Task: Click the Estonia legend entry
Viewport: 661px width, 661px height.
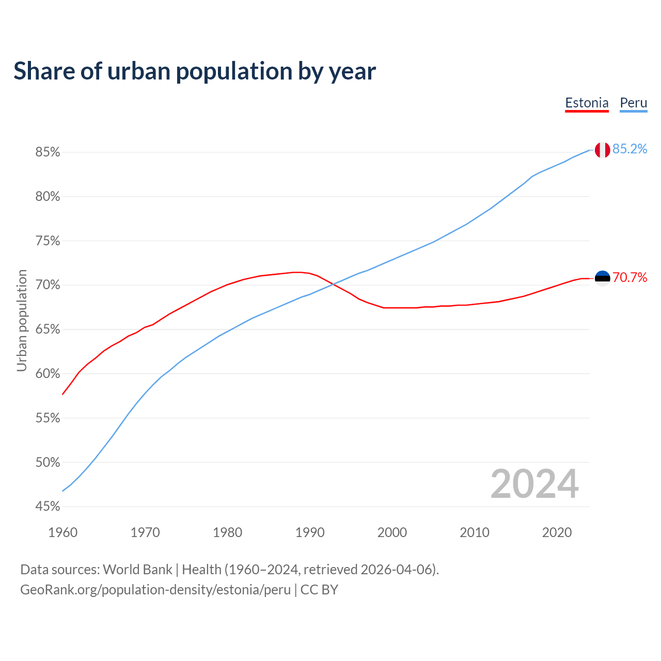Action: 587,103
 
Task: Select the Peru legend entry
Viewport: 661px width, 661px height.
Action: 633,103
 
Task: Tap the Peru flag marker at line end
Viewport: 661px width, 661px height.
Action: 602,150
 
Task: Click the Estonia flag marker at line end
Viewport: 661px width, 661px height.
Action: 602,278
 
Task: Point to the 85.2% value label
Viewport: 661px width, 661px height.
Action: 629,149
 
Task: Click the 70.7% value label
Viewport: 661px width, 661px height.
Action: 629,278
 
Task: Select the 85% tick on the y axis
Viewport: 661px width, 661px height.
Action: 48,152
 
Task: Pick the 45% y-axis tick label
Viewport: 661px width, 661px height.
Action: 48,507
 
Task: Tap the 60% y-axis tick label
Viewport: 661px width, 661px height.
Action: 48,374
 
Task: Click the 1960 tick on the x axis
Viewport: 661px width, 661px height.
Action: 63,532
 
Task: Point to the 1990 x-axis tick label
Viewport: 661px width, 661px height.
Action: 310,532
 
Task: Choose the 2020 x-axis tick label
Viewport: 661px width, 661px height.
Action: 557,532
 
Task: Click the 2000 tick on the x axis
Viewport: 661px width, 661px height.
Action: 392,532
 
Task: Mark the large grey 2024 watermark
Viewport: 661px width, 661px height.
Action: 534,484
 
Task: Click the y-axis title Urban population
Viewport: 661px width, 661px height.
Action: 22,320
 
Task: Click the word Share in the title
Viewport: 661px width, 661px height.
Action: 43,71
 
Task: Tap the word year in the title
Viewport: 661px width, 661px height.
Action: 353,71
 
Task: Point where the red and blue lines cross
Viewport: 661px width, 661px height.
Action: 334,283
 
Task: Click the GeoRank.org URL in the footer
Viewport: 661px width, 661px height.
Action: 155,590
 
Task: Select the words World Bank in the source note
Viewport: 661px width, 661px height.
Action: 137,570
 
